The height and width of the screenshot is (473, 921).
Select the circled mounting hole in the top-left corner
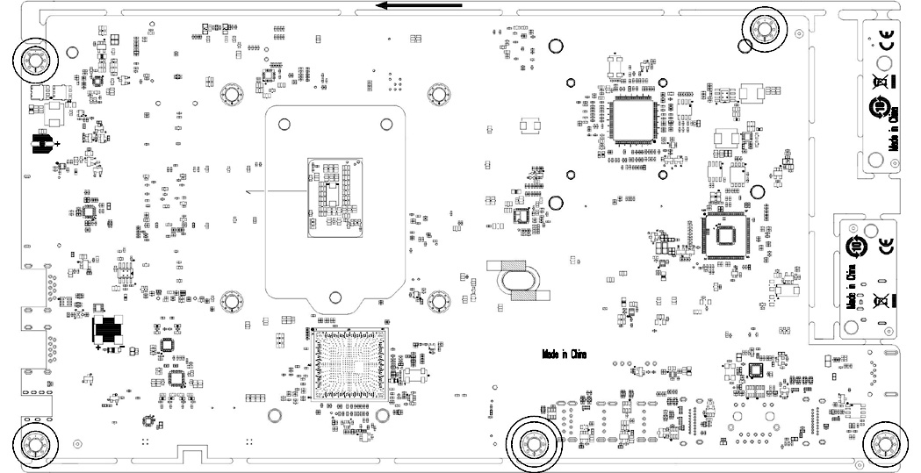pyautogui.click(x=34, y=61)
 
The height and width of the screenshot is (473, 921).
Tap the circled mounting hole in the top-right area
pyautogui.click(x=763, y=29)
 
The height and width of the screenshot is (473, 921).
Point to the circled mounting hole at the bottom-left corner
pyautogui.click(x=36, y=445)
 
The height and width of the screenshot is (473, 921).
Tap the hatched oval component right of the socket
pyautogui.click(x=522, y=281)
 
